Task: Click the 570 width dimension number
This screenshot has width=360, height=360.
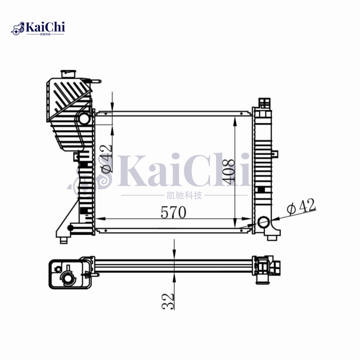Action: coord(173,213)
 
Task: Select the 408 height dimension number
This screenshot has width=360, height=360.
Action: coord(229,171)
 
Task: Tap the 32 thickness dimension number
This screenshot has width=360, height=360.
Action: coord(168,301)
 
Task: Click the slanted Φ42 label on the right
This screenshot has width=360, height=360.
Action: coord(301,207)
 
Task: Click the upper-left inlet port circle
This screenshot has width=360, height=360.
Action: coord(83,119)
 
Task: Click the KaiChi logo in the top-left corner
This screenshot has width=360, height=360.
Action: coord(38,28)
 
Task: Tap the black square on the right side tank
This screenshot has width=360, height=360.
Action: coord(261,186)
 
